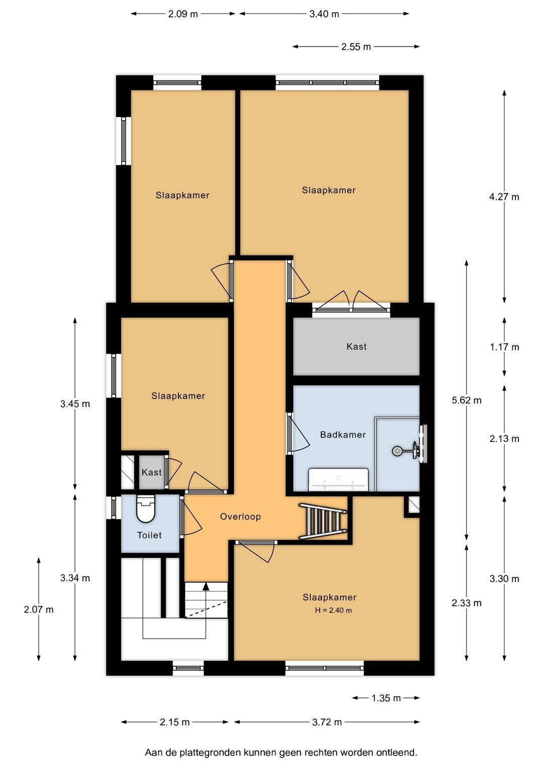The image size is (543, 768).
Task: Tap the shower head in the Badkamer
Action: tap(397, 451)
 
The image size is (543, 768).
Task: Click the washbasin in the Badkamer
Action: tap(338, 479)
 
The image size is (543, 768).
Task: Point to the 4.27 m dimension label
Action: tap(504, 197)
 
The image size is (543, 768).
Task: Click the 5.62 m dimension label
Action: tap(466, 400)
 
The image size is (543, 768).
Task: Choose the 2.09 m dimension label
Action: tap(183, 14)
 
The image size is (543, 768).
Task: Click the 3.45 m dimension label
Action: tap(75, 404)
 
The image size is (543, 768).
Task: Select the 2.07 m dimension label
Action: tap(39, 610)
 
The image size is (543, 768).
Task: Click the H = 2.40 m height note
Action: tap(333, 610)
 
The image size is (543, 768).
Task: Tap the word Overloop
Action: tap(240, 517)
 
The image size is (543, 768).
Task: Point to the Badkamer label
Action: tap(343, 435)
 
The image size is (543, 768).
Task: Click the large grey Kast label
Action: tap(356, 347)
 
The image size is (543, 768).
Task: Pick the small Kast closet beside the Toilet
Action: tap(151, 472)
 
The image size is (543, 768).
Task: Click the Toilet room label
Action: tap(149, 535)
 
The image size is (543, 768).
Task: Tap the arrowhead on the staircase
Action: tap(206, 586)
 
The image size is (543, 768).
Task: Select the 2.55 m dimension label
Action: tap(356, 47)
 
